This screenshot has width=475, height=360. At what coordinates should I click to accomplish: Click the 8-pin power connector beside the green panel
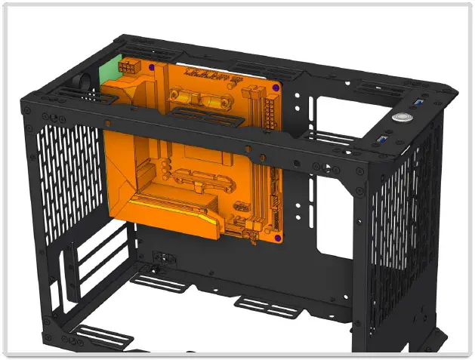click(x=128, y=67)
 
